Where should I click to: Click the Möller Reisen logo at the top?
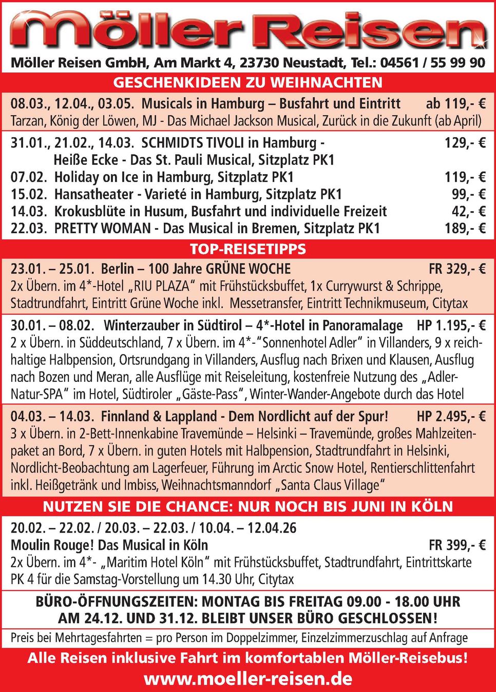(x=248, y=31)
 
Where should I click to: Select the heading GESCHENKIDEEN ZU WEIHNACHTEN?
(x=248, y=83)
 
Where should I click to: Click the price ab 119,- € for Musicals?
(x=455, y=104)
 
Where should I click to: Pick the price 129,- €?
(x=465, y=142)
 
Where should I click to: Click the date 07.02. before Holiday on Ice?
(x=29, y=177)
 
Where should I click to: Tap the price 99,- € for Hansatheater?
(x=468, y=194)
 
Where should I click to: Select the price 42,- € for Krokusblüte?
(x=468, y=212)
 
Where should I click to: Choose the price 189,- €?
(x=465, y=229)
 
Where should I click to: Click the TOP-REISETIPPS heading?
(x=248, y=249)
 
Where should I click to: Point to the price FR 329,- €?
(x=457, y=269)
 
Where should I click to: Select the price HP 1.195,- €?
(x=451, y=326)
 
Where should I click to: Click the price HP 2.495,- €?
(x=451, y=416)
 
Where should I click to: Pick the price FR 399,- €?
(x=457, y=545)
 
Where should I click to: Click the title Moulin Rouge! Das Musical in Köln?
(x=109, y=545)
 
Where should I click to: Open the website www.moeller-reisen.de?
(x=248, y=679)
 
